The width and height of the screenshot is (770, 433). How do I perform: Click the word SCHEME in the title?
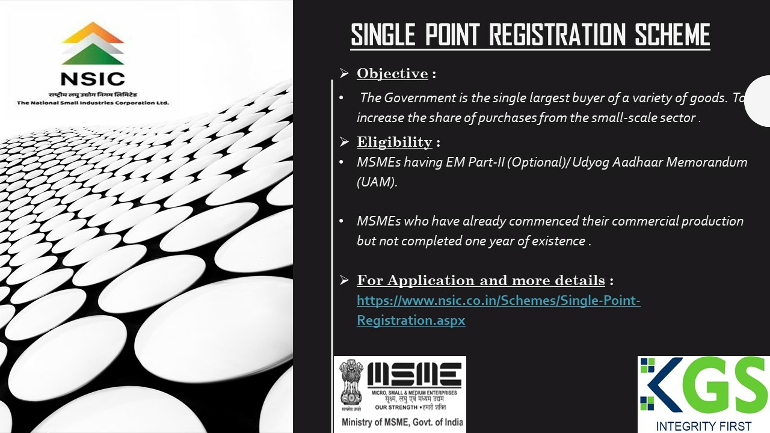coord(672,34)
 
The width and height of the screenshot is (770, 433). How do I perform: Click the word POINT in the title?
coord(452,34)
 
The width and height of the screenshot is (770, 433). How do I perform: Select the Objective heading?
coord(392,73)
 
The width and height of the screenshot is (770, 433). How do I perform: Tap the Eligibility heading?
coord(394,142)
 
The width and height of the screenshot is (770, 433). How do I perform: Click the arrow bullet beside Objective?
coord(344,73)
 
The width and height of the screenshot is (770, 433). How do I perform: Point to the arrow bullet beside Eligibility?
coord(344,141)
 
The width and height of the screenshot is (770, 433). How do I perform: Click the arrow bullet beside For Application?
coord(344,280)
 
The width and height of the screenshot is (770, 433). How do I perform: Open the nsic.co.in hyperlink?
coord(499,310)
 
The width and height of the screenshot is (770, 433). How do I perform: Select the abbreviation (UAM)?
coord(377,182)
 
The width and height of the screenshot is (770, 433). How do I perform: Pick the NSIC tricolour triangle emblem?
coord(93,43)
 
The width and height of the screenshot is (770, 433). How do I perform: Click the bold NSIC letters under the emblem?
coord(93,79)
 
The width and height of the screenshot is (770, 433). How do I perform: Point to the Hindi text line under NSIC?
coord(93,94)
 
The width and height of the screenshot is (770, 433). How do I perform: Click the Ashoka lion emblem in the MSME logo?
coord(351,382)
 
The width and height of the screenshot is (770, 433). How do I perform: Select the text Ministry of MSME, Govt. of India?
coord(402,422)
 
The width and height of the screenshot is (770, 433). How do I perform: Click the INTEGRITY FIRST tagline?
coord(703,426)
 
